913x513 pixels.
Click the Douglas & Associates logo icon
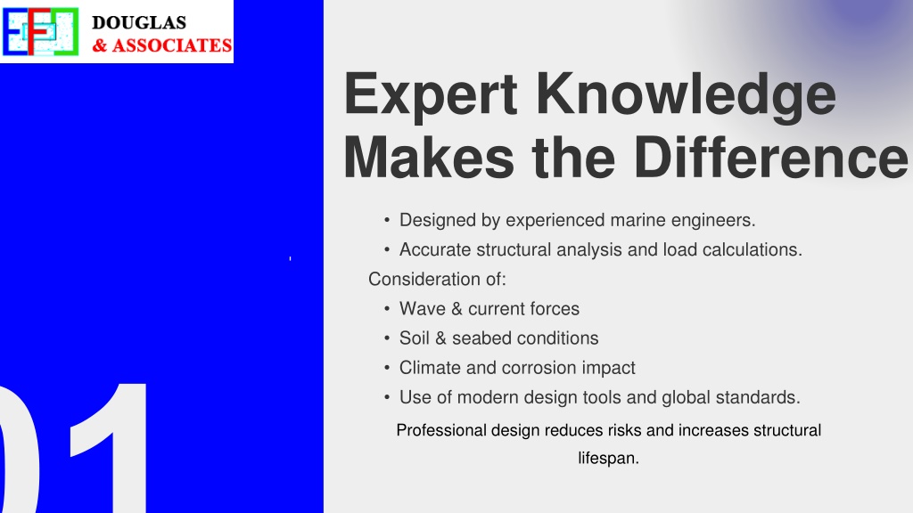[x=40, y=31]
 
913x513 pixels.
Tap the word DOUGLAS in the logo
[x=139, y=22]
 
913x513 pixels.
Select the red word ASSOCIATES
[x=172, y=45]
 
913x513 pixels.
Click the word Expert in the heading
[x=431, y=94]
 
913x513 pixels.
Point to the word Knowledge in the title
[x=686, y=94]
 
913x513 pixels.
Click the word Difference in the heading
[x=770, y=158]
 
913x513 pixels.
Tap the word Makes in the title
[x=429, y=158]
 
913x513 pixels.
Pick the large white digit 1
[x=108, y=448]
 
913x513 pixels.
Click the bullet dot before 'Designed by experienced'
[x=387, y=221]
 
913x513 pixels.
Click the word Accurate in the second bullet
[x=435, y=249]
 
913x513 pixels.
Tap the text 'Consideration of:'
[x=437, y=279]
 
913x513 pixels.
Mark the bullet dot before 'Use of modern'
[x=387, y=397]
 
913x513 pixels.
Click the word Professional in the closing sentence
[x=441, y=430]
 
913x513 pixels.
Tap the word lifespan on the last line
[x=608, y=459]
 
